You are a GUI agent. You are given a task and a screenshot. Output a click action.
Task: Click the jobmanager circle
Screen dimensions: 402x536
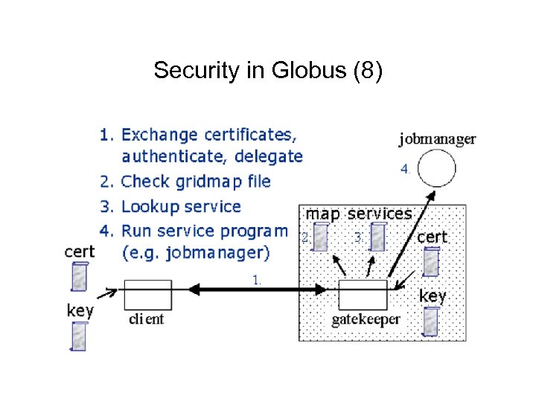click(436, 168)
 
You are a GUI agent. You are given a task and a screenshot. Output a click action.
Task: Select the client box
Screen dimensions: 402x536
click(147, 295)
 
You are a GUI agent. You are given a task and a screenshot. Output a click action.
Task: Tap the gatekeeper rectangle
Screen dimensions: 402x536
click(363, 295)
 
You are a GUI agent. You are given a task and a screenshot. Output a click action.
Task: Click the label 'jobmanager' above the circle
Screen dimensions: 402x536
click(437, 138)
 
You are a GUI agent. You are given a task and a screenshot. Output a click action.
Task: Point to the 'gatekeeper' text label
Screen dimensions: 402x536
click(366, 319)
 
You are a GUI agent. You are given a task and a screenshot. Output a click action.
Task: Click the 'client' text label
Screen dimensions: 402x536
click(145, 319)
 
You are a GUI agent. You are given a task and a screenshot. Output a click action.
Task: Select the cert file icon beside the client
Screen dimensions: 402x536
click(79, 276)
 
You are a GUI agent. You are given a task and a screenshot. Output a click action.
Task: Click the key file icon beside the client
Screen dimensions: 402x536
click(79, 336)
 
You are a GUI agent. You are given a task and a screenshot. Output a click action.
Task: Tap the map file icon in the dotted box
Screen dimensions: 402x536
click(320, 237)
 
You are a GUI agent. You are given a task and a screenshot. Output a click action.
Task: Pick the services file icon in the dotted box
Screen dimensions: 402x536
click(378, 237)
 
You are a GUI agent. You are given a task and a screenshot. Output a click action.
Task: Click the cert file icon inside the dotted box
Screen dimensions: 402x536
click(431, 261)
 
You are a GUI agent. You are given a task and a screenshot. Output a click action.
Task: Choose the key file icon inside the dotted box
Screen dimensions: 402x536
click(431, 321)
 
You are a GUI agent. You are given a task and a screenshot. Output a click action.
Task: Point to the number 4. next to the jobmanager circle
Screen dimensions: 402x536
click(405, 169)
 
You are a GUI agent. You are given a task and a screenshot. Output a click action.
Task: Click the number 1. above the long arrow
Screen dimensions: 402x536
click(257, 280)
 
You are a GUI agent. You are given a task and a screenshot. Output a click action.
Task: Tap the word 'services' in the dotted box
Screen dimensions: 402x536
click(379, 214)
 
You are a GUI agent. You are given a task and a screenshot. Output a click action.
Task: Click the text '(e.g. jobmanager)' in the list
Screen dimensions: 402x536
click(195, 252)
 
